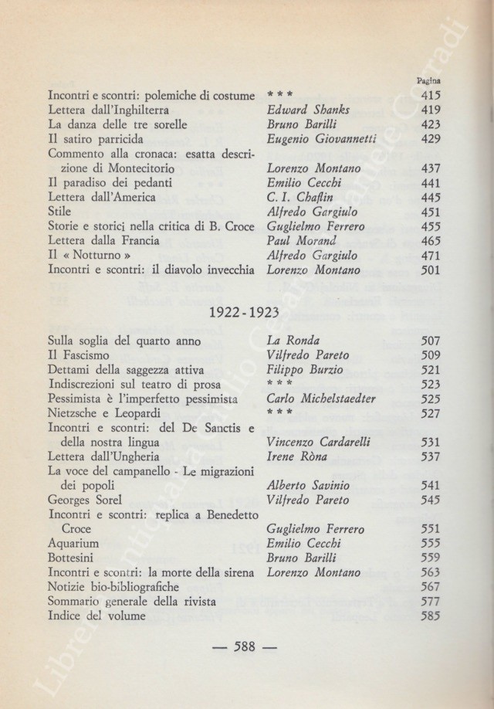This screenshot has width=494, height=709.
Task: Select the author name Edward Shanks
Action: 307,110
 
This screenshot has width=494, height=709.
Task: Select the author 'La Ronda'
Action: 295,341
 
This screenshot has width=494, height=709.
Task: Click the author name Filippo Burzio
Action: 305,370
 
